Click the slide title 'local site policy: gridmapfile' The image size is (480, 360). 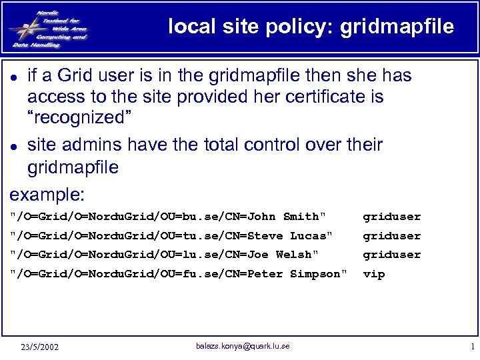point(311,27)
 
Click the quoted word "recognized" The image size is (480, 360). point(79,119)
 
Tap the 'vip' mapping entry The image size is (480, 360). point(373,274)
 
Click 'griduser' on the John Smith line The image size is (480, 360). point(391,217)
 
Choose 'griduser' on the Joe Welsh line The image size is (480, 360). point(391,255)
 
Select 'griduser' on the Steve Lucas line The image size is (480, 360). point(391,236)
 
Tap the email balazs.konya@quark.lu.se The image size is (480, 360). point(243,345)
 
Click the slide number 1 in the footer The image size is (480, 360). point(472,347)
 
